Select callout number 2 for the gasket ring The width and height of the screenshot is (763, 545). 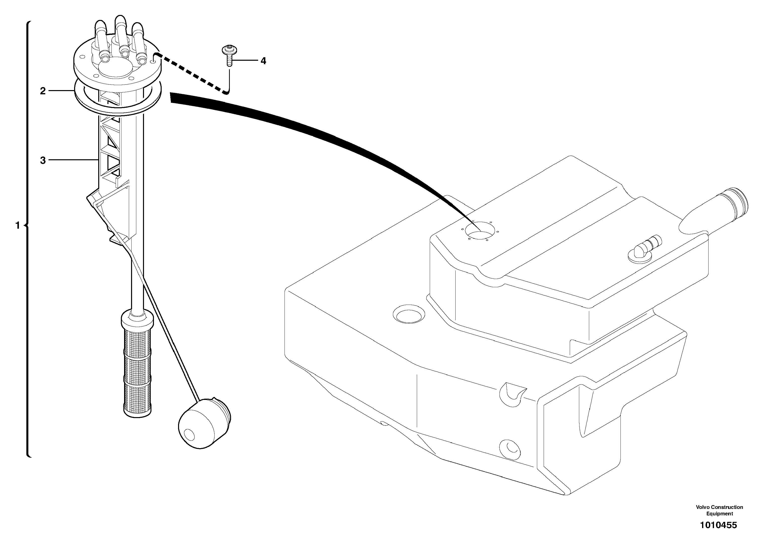[x=43, y=91]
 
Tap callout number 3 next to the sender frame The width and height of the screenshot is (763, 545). [x=43, y=161]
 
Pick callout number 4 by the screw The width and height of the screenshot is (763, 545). [x=263, y=61]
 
